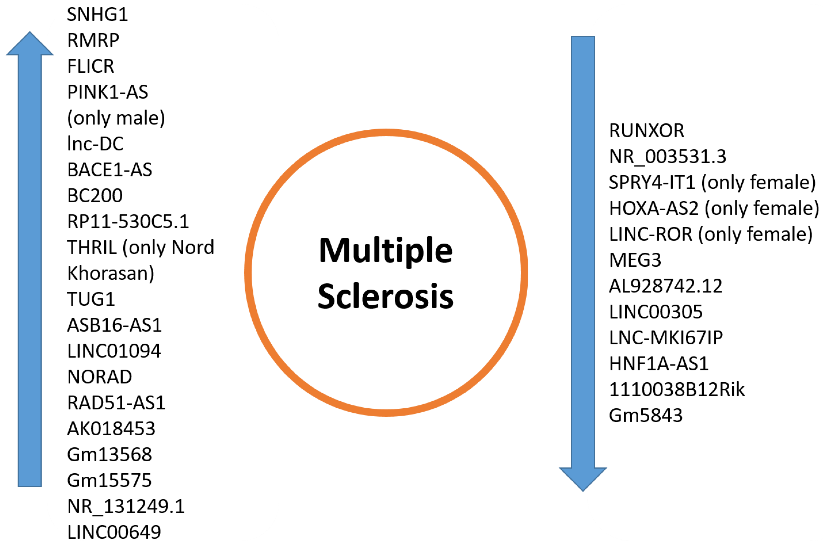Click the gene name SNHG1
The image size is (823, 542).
coord(97,15)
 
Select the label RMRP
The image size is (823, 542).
coord(93,40)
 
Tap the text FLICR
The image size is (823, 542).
coord(91,66)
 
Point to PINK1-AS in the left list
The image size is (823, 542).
coord(108,92)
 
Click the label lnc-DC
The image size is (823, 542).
coord(95,144)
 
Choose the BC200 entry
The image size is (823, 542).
coord(95,196)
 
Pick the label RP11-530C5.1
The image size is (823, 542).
coord(128,222)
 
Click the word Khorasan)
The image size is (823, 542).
coord(111,274)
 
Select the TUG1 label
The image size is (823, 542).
coord(91,299)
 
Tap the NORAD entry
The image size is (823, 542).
coord(100,377)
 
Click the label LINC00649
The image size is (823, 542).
coord(114,532)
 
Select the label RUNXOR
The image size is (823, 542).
coord(646,131)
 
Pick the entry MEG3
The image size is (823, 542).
coord(635,260)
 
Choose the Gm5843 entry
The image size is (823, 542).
coord(645,416)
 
